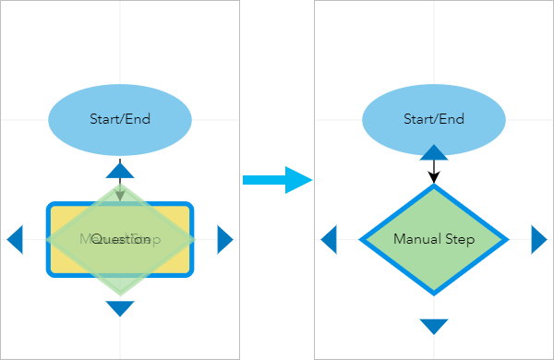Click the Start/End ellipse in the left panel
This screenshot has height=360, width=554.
[x=120, y=119]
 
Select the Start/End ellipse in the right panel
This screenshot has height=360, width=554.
[x=434, y=119]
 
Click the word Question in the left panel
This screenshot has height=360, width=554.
[x=121, y=240]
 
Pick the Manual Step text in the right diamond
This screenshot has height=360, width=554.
[x=434, y=240]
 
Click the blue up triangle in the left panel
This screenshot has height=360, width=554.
[x=120, y=169]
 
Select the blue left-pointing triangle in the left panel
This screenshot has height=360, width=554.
[x=15, y=239]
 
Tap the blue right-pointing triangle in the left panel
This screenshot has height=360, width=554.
[x=224, y=239]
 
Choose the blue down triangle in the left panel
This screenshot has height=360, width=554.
[x=120, y=308]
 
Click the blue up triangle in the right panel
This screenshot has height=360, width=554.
[x=434, y=152]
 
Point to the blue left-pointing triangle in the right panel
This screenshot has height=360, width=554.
[x=329, y=239]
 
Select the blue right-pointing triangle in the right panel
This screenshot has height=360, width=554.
[x=538, y=239]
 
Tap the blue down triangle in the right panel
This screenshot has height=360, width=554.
[x=434, y=326]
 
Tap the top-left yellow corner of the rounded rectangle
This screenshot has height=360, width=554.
[x=59, y=214]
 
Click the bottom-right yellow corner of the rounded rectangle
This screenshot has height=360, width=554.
[x=181, y=265]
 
